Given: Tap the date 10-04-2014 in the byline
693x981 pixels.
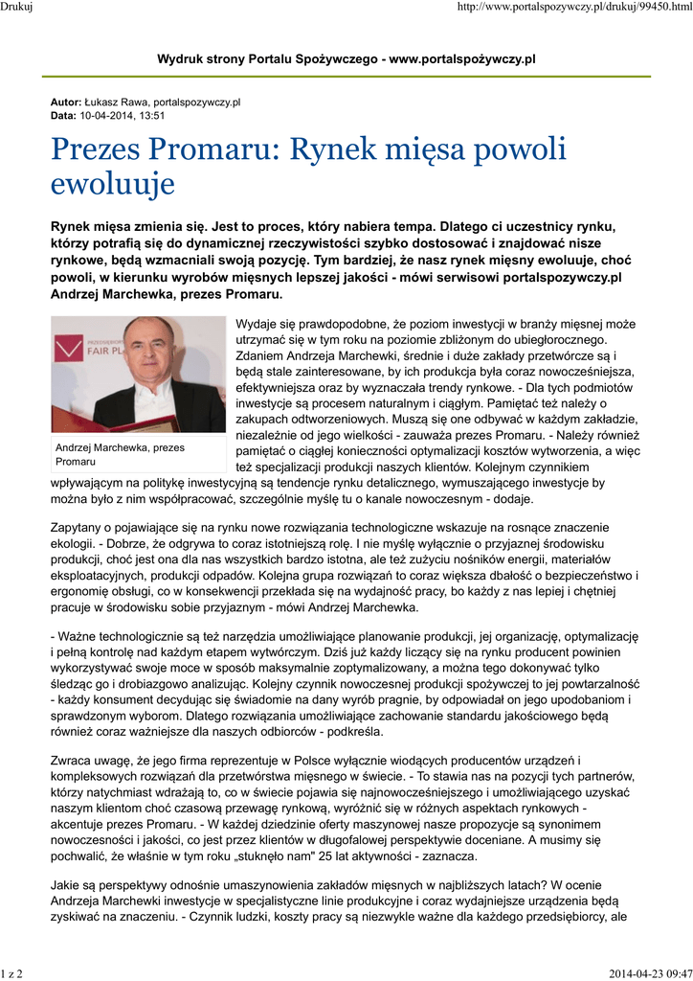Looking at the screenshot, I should (107, 115).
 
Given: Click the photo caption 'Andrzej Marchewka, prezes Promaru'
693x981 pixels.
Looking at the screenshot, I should (121, 454).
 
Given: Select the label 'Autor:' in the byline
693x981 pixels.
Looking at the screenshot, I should (66, 102).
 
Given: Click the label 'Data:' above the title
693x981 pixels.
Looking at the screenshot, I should (63, 115).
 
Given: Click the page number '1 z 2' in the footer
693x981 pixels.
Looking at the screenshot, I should (11, 973).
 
